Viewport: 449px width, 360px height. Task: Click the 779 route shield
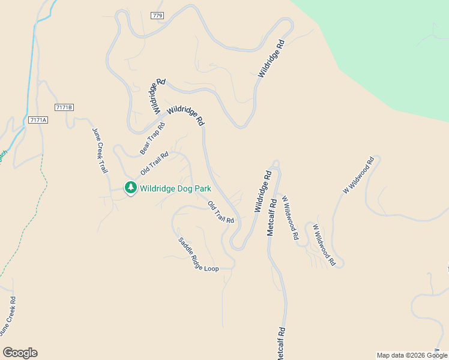coord(158,16)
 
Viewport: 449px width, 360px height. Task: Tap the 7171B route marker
coord(63,107)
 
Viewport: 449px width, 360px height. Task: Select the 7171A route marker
coord(37,120)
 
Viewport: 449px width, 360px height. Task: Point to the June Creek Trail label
coord(100,151)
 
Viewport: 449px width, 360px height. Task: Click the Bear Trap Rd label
coord(152,138)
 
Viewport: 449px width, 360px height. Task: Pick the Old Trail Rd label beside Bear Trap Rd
coord(154,163)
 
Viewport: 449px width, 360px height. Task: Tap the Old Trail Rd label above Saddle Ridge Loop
coord(221,213)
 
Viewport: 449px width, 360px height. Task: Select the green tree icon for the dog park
coord(130,188)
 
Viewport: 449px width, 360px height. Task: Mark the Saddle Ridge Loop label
coord(199,254)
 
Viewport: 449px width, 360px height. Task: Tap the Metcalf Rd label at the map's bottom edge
coord(280,343)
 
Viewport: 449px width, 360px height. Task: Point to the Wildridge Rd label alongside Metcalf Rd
coord(263,191)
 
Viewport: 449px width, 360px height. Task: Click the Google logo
coord(20,353)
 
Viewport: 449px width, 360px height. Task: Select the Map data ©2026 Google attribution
coord(411,355)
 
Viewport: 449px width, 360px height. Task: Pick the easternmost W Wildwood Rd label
coord(358,175)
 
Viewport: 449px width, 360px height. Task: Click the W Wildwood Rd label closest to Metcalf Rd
coord(289,217)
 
